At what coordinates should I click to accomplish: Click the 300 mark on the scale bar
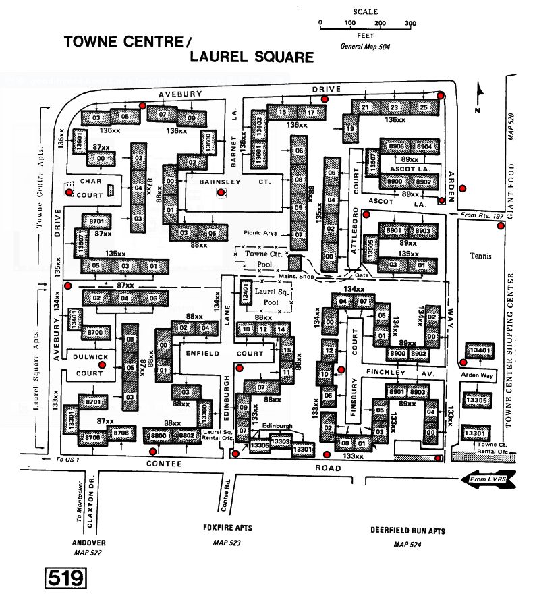tap(410, 23)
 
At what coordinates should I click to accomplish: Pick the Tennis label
tap(482, 256)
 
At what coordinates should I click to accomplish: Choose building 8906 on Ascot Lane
tap(397, 146)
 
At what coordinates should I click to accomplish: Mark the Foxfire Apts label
tap(227, 526)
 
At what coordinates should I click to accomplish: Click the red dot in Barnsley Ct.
tap(221, 193)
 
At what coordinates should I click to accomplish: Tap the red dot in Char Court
tap(69, 192)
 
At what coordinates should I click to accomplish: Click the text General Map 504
tap(366, 47)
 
